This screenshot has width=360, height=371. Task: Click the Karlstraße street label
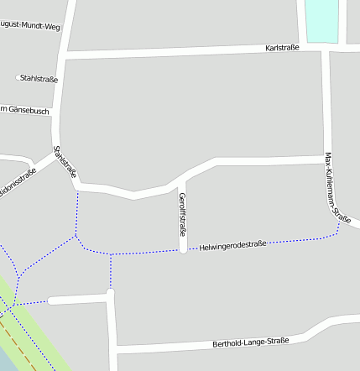point(283,48)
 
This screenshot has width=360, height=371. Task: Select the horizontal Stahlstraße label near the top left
point(39,79)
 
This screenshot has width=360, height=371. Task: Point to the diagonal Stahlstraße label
point(65,162)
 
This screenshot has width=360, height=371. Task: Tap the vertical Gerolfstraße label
point(182,214)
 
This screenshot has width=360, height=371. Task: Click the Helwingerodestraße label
point(232,245)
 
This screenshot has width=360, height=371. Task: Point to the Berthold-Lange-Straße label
point(250,342)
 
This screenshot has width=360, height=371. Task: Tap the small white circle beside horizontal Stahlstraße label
point(18,78)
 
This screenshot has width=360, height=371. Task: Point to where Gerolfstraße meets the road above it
point(181,178)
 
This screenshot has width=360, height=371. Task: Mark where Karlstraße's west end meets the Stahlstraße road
point(63,56)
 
